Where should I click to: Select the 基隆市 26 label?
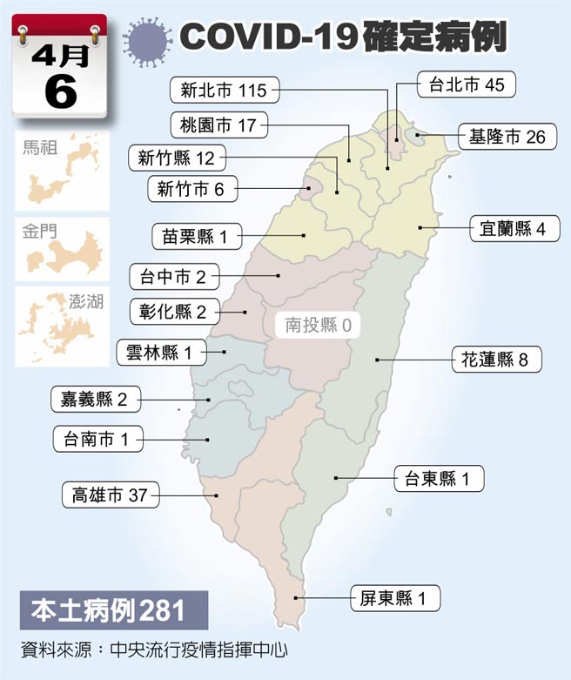click(x=507, y=137)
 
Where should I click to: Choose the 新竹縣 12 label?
click(x=176, y=158)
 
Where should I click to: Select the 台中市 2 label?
click(x=173, y=278)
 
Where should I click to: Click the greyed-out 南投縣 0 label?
click(x=318, y=327)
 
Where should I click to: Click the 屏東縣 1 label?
click(x=395, y=598)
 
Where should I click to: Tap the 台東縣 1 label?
click(x=438, y=479)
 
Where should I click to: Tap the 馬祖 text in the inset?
click(x=39, y=148)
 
